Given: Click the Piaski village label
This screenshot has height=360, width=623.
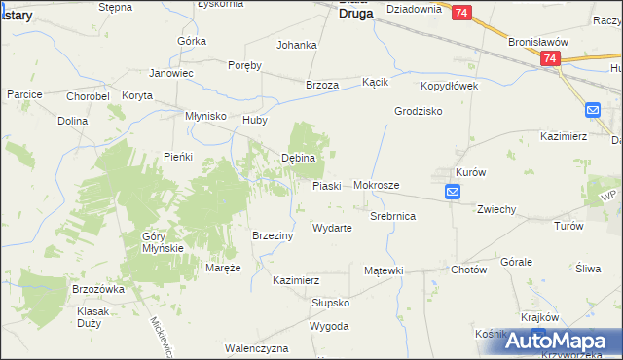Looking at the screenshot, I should [x=326, y=185].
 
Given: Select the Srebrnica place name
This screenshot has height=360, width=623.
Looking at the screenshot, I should [x=393, y=216].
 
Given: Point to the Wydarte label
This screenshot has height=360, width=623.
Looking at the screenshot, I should [x=331, y=228].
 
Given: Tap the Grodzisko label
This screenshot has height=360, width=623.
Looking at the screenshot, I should [x=419, y=111].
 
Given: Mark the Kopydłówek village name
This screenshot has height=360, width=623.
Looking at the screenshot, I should [x=450, y=86].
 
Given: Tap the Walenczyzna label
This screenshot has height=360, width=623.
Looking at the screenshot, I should [x=257, y=347].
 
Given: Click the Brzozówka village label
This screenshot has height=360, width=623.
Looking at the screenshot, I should [x=98, y=289].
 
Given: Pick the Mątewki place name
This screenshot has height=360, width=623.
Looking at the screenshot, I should [x=383, y=270].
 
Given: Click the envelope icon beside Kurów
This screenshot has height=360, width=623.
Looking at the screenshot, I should [x=453, y=193].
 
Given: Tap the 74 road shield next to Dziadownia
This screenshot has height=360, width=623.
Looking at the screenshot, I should [x=461, y=12].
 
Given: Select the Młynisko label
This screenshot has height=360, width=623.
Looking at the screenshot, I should [x=206, y=116].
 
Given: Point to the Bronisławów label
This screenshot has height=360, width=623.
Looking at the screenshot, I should [x=538, y=43].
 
